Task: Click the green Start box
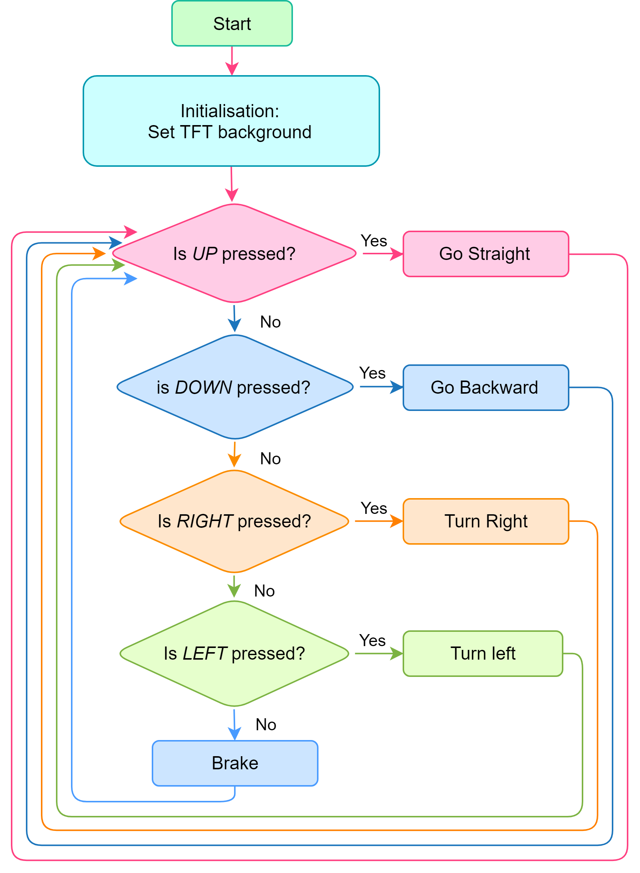pyautogui.click(x=232, y=23)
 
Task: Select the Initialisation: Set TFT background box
pyautogui.click(x=231, y=121)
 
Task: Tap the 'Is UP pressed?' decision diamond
pyautogui.click(x=234, y=254)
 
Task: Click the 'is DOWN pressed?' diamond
pyautogui.click(x=235, y=387)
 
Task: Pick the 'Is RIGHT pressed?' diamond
pyautogui.click(x=234, y=521)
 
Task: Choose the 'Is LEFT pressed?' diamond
pyautogui.click(x=234, y=653)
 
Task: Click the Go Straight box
pyautogui.click(x=486, y=254)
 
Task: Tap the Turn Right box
pyautogui.click(x=486, y=521)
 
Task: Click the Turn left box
pyautogui.click(x=483, y=653)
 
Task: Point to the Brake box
pyautogui.click(x=235, y=763)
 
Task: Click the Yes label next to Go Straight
pyautogui.click(x=374, y=241)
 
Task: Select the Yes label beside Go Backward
pyautogui.click(x=372, y=373)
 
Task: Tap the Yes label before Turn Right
pyautogui.click(x=374, y=508)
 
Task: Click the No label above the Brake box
pyautogui.click(x=266, y=724)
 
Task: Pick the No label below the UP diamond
pyautogui.click(x=270, y=322)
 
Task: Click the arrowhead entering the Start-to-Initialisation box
pyautogui.click(x=232, y=69)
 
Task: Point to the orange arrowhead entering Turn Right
pyautogui.click(x=396, y=521)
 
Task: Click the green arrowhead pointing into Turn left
pyautogui.click(x=396, y=653)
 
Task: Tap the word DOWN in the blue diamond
pyautogui.click(x=204, y=387)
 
